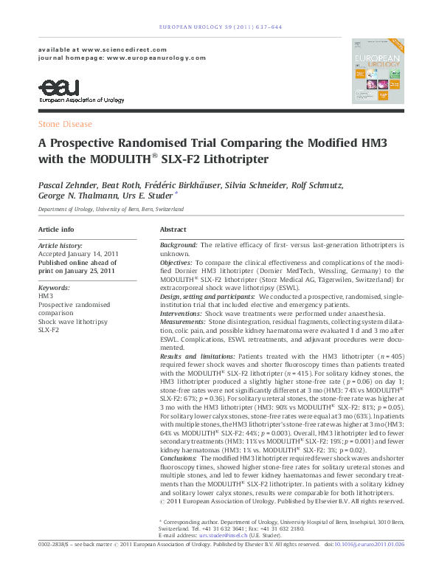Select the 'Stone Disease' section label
click(x=65, y=125)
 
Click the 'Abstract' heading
click(x=173, y=230)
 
